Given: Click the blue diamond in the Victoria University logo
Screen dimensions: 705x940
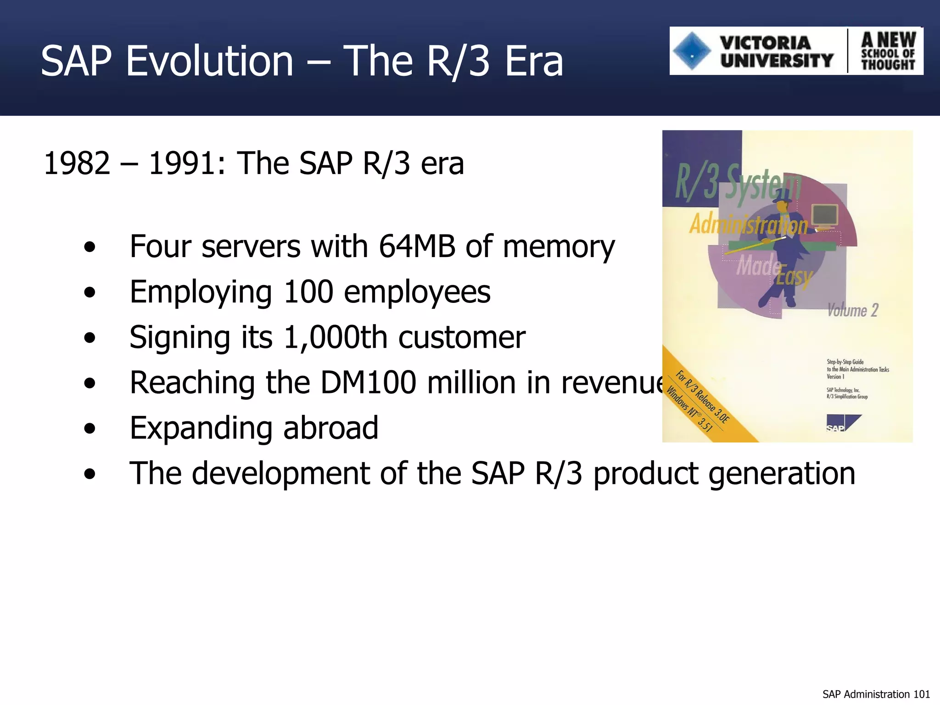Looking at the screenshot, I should (692, 51).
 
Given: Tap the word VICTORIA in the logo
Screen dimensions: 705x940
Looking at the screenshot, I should (765, 43).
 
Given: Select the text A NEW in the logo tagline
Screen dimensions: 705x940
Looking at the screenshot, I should (889, 39).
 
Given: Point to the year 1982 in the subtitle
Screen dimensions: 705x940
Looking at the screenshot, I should (77, 163).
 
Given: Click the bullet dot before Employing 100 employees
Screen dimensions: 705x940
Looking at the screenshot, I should (90, 292).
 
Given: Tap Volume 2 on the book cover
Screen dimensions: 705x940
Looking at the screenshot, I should (852, 311).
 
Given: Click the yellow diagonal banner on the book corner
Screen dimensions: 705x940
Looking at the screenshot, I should (707, 404).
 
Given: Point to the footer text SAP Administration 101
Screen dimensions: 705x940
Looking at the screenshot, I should (876, 694).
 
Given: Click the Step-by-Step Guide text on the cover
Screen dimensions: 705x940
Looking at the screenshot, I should (845, 362).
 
